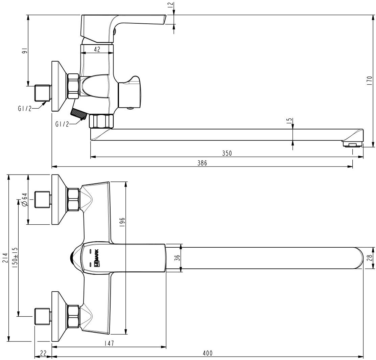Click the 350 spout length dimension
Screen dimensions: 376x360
(x=227, y=153)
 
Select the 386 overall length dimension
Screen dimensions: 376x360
(x=202, y=163)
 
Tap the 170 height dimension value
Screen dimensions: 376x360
(x=370, y=81)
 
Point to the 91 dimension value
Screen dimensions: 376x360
(x=24, y=50)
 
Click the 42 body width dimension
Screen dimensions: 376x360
(x=97, y=49)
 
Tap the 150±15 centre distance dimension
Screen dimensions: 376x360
(x=15, y=258)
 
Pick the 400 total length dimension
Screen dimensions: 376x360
(x=207, y=353)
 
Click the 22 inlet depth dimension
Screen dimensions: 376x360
(x=43, y=353)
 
